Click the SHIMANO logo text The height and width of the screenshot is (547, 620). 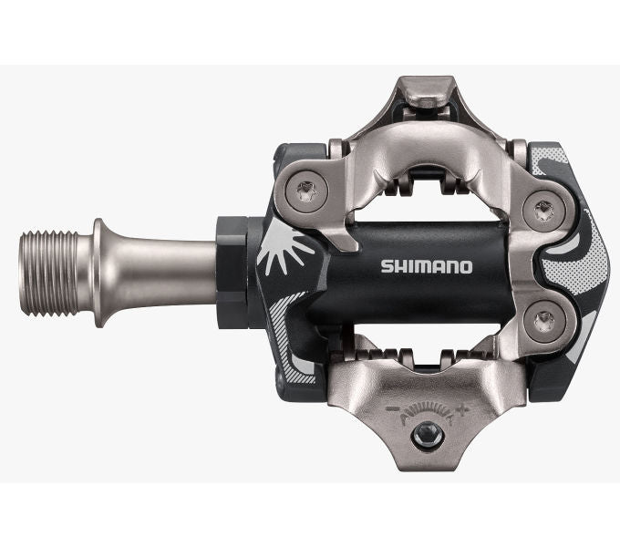tap(426, 267)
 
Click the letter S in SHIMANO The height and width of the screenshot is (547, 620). tap(384, 267)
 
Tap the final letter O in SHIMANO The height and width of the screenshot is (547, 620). tap(465, 267)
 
